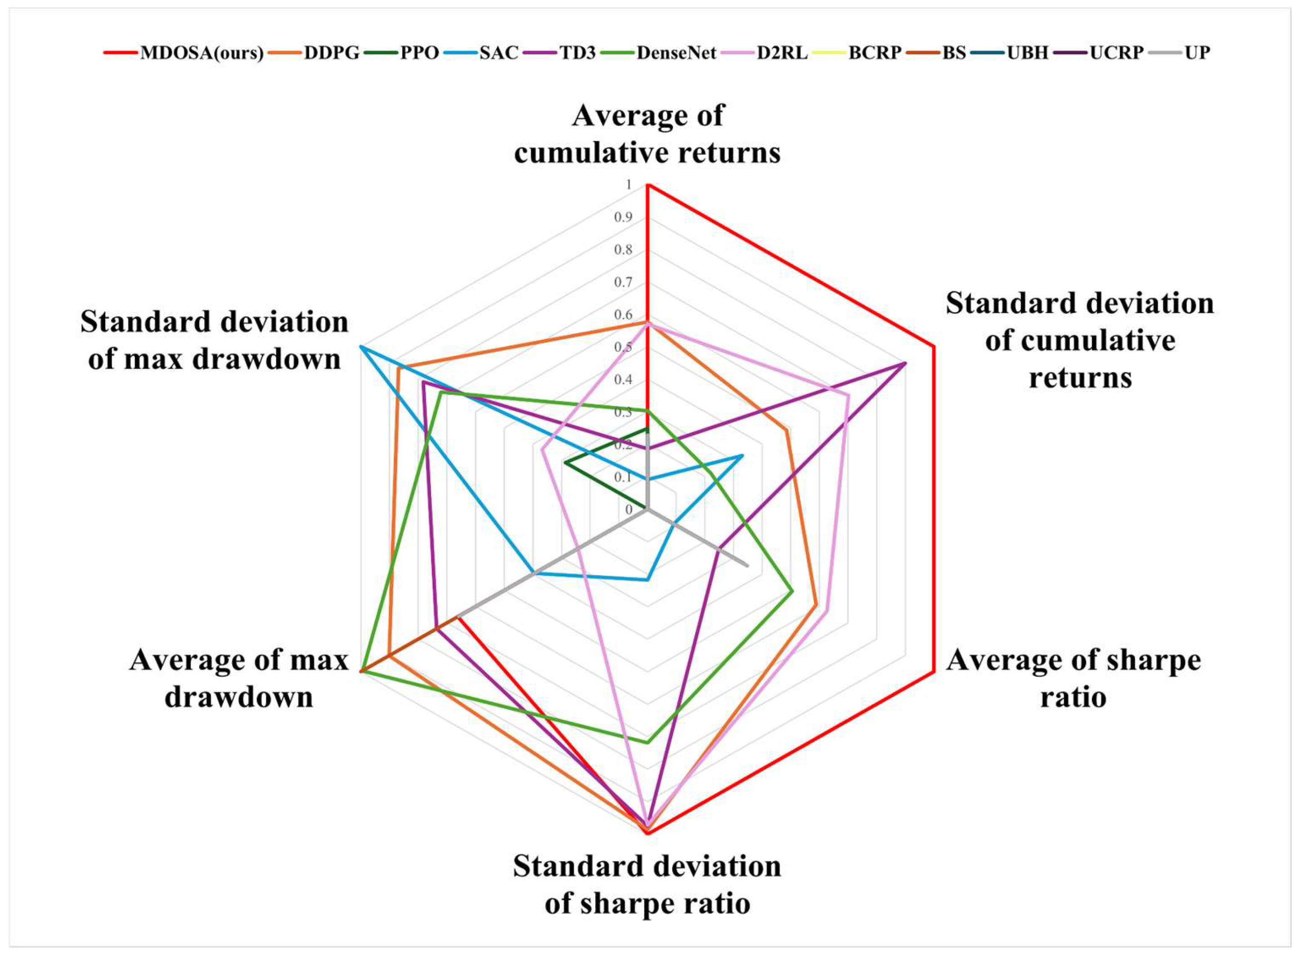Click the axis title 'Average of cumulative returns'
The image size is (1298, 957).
click(647, 134)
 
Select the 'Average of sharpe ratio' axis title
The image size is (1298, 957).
click(1074, 678)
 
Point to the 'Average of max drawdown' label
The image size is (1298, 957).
click(239, 678)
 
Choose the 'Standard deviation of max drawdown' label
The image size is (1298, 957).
click(215, 340)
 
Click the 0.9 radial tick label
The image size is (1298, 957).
click(623, 218)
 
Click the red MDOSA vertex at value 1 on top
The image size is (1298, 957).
click(648, 185)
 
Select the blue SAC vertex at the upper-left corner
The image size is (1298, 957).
click(360, 346)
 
